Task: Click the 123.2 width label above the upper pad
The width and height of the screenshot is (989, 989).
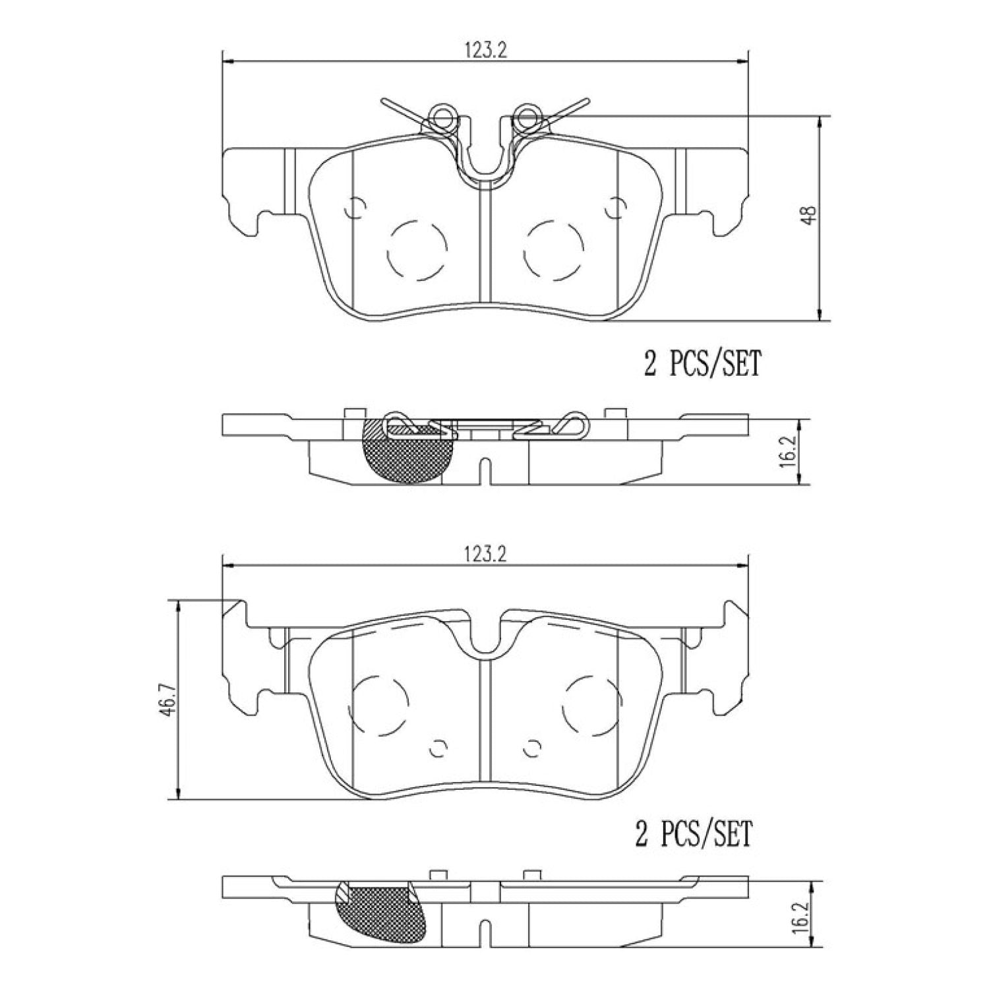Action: pyautogui.click(x=485, y=51)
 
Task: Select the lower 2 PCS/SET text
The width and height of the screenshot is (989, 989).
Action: pyautogui.click(x=694, y=834)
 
